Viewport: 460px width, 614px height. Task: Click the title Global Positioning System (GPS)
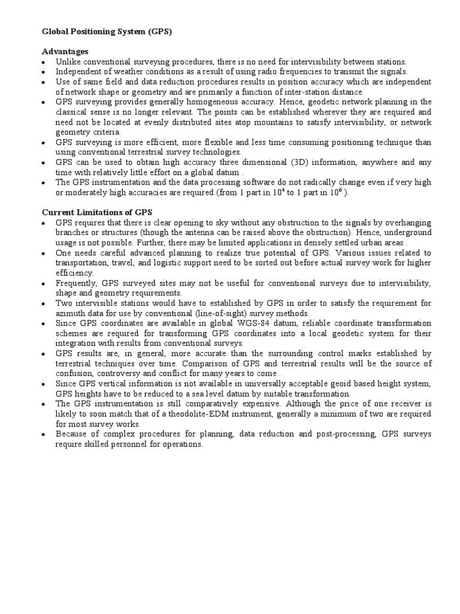coord(107,32)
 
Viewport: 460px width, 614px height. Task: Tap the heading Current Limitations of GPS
coord(96,212)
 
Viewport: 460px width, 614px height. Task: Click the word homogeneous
coord(187,102)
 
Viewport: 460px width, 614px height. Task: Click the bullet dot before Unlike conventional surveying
coord(45,62)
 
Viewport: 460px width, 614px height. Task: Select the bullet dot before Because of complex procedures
coord(45,435)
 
